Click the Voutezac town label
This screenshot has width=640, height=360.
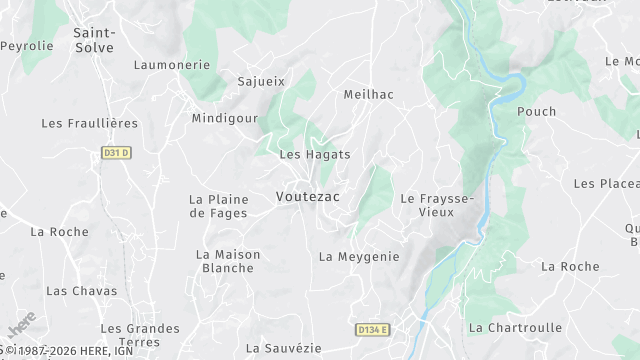308,197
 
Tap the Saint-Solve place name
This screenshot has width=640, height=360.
94,40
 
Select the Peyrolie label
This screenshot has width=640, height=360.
27,46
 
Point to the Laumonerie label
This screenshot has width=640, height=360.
172,65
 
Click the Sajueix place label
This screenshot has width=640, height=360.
261,81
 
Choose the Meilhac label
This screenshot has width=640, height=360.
368,94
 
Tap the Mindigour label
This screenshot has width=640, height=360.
225,118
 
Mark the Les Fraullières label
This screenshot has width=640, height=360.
89,123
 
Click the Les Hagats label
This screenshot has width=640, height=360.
315,154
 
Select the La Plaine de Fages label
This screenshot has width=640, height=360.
219,206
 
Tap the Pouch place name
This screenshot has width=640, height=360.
536,112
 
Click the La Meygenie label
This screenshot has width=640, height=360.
359,257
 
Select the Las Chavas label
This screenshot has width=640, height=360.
82,291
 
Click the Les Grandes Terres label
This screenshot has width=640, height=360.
140,335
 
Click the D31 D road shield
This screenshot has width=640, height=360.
117,153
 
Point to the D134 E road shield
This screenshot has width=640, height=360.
372,329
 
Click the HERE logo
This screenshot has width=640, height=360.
20,328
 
